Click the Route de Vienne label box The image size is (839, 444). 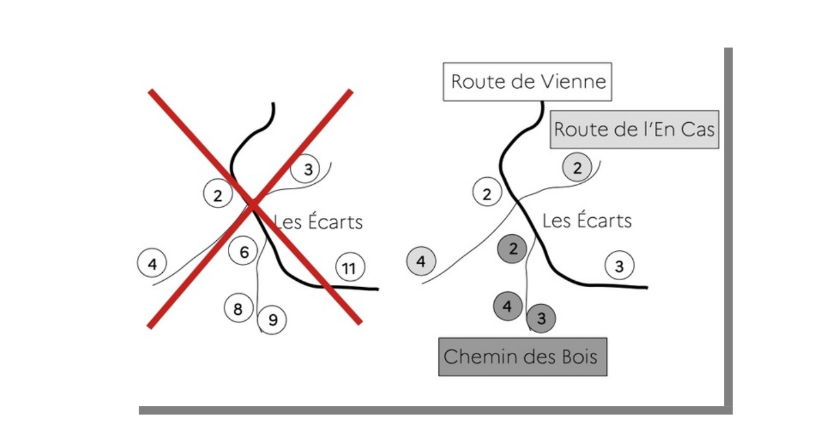pos(527,82)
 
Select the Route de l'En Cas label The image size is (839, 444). pos(634,129)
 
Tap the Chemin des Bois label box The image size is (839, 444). pos(522,356)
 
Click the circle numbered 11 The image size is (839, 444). pos(350,268)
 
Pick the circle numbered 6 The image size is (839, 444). pos(244,252)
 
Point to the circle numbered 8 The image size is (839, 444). pos(239,308)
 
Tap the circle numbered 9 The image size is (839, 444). pos(272,320)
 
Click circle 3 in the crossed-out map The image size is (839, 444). pos(307,170)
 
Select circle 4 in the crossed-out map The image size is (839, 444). pos(152,264)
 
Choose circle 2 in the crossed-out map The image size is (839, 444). pos(218,195)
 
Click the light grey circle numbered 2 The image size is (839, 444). pos(577,168)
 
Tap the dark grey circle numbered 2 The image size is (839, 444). pos(512,249)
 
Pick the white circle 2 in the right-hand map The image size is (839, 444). pos(486,194)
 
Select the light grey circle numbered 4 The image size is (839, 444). pos(421,261)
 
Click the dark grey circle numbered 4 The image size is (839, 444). pos(508,306)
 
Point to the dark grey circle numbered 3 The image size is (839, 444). pos(541,318)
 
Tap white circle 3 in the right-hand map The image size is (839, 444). pos(619,266)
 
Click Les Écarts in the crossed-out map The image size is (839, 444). pos(318,222)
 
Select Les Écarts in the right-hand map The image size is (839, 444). pos(586,221)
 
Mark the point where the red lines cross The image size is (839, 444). pos(253,205)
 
